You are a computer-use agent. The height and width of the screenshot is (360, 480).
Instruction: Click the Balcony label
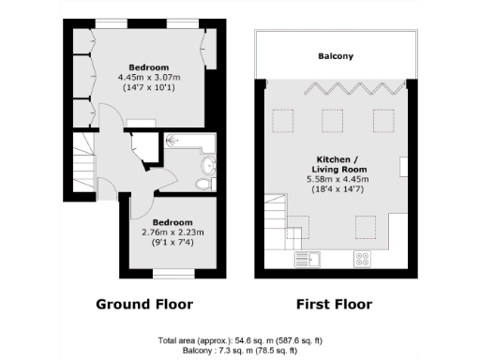point(335,56)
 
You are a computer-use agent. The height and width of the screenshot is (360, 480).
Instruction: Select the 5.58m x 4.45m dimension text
point(335,178)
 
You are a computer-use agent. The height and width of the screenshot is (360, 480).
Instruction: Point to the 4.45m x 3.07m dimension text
point(149,78)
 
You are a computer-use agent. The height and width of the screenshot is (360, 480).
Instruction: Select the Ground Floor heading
point(145,305)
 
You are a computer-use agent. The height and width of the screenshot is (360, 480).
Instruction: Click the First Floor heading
point(334,305)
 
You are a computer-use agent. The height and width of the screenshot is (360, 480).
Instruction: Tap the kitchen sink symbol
point(307,259)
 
